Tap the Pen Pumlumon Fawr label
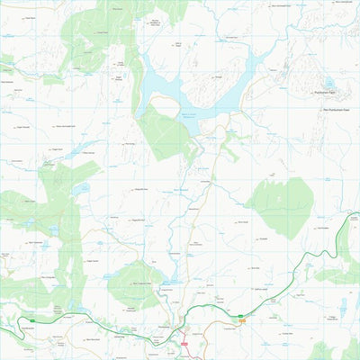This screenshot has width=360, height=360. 336,109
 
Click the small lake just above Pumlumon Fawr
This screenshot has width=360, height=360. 330,82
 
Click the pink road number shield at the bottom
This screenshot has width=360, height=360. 184,342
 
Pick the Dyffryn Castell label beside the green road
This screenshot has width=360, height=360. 262,289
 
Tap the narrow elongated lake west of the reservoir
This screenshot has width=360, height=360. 76,148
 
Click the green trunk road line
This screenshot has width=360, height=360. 297,270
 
